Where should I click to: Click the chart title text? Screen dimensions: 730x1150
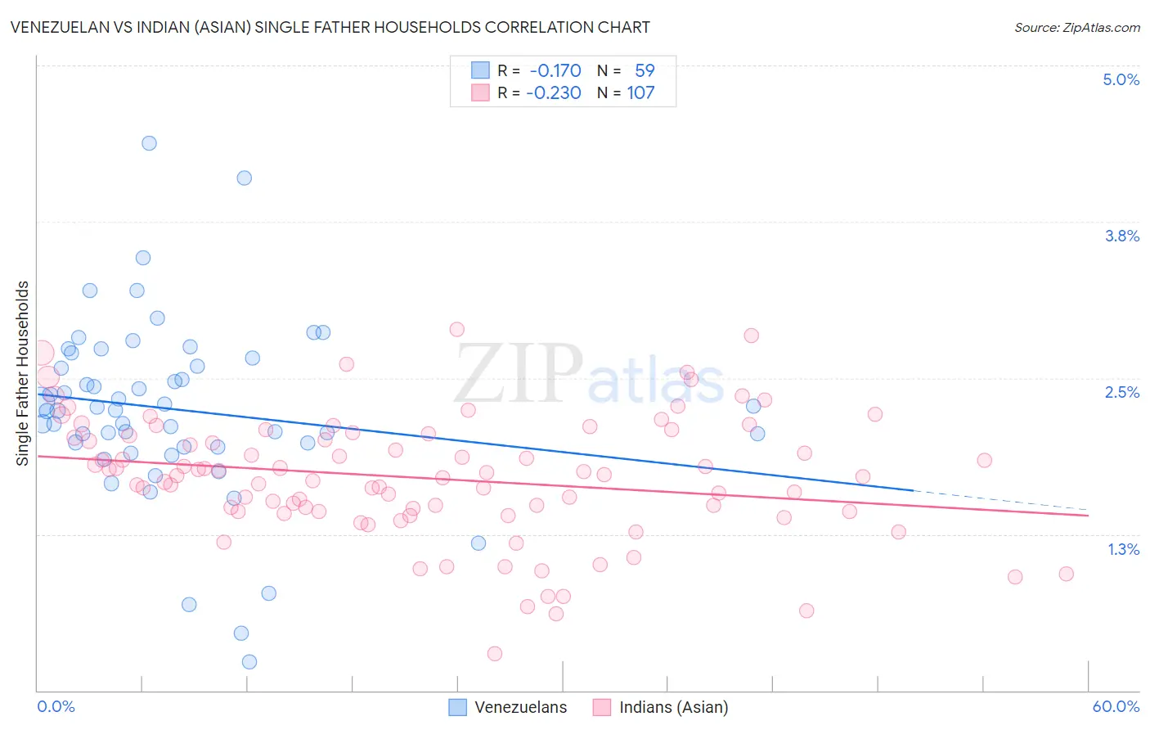pyautogui.click(x=330, y=27)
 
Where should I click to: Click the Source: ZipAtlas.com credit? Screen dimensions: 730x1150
pyautogui.click(x=1076, y=28)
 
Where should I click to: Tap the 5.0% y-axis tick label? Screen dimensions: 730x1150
pyautogui.click(x=1121, y=79)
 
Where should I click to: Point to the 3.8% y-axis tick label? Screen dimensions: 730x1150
pyautogui.click(x=1121, y=236)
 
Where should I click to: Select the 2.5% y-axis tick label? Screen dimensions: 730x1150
pyautogui.click(x=1121, y=392)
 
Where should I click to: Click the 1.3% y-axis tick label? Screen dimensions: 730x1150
pyautogui.click(x=1123, y=549)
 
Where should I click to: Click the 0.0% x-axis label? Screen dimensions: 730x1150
pyautogui.click(x=56, y=706)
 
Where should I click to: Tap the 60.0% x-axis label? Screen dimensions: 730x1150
pyautogui.click(x=1115, y=706)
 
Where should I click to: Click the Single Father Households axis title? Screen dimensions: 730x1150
pyautogui.click(x=23, y=373)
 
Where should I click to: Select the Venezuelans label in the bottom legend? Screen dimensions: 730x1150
pyautogui.click(x=520, y=707)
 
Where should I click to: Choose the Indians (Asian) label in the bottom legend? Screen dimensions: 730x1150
pyautogui.click(x=673, y=707)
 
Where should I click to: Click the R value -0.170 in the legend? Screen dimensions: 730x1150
pyautogui.click(x=555, y=70)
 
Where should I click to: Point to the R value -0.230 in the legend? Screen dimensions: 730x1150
pyautogui.click(x=554, y=92)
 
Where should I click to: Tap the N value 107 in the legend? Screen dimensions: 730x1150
pyautogui.click(x=640, y=92)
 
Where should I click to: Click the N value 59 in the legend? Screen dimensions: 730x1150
pyautogui.click(x=645, y=70)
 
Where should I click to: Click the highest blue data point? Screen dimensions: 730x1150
pyautogui.click(x=149, y=143)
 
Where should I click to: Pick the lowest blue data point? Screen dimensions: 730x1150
pyautogui.click(x=249, y=661)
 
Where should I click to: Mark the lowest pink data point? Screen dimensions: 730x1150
pyautogui.click(x=495, y=653)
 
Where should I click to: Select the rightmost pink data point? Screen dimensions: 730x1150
pyautogui.click(x=1066, y=574)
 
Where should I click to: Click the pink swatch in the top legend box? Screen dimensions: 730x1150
pyautogui.click(x=480, y=92)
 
